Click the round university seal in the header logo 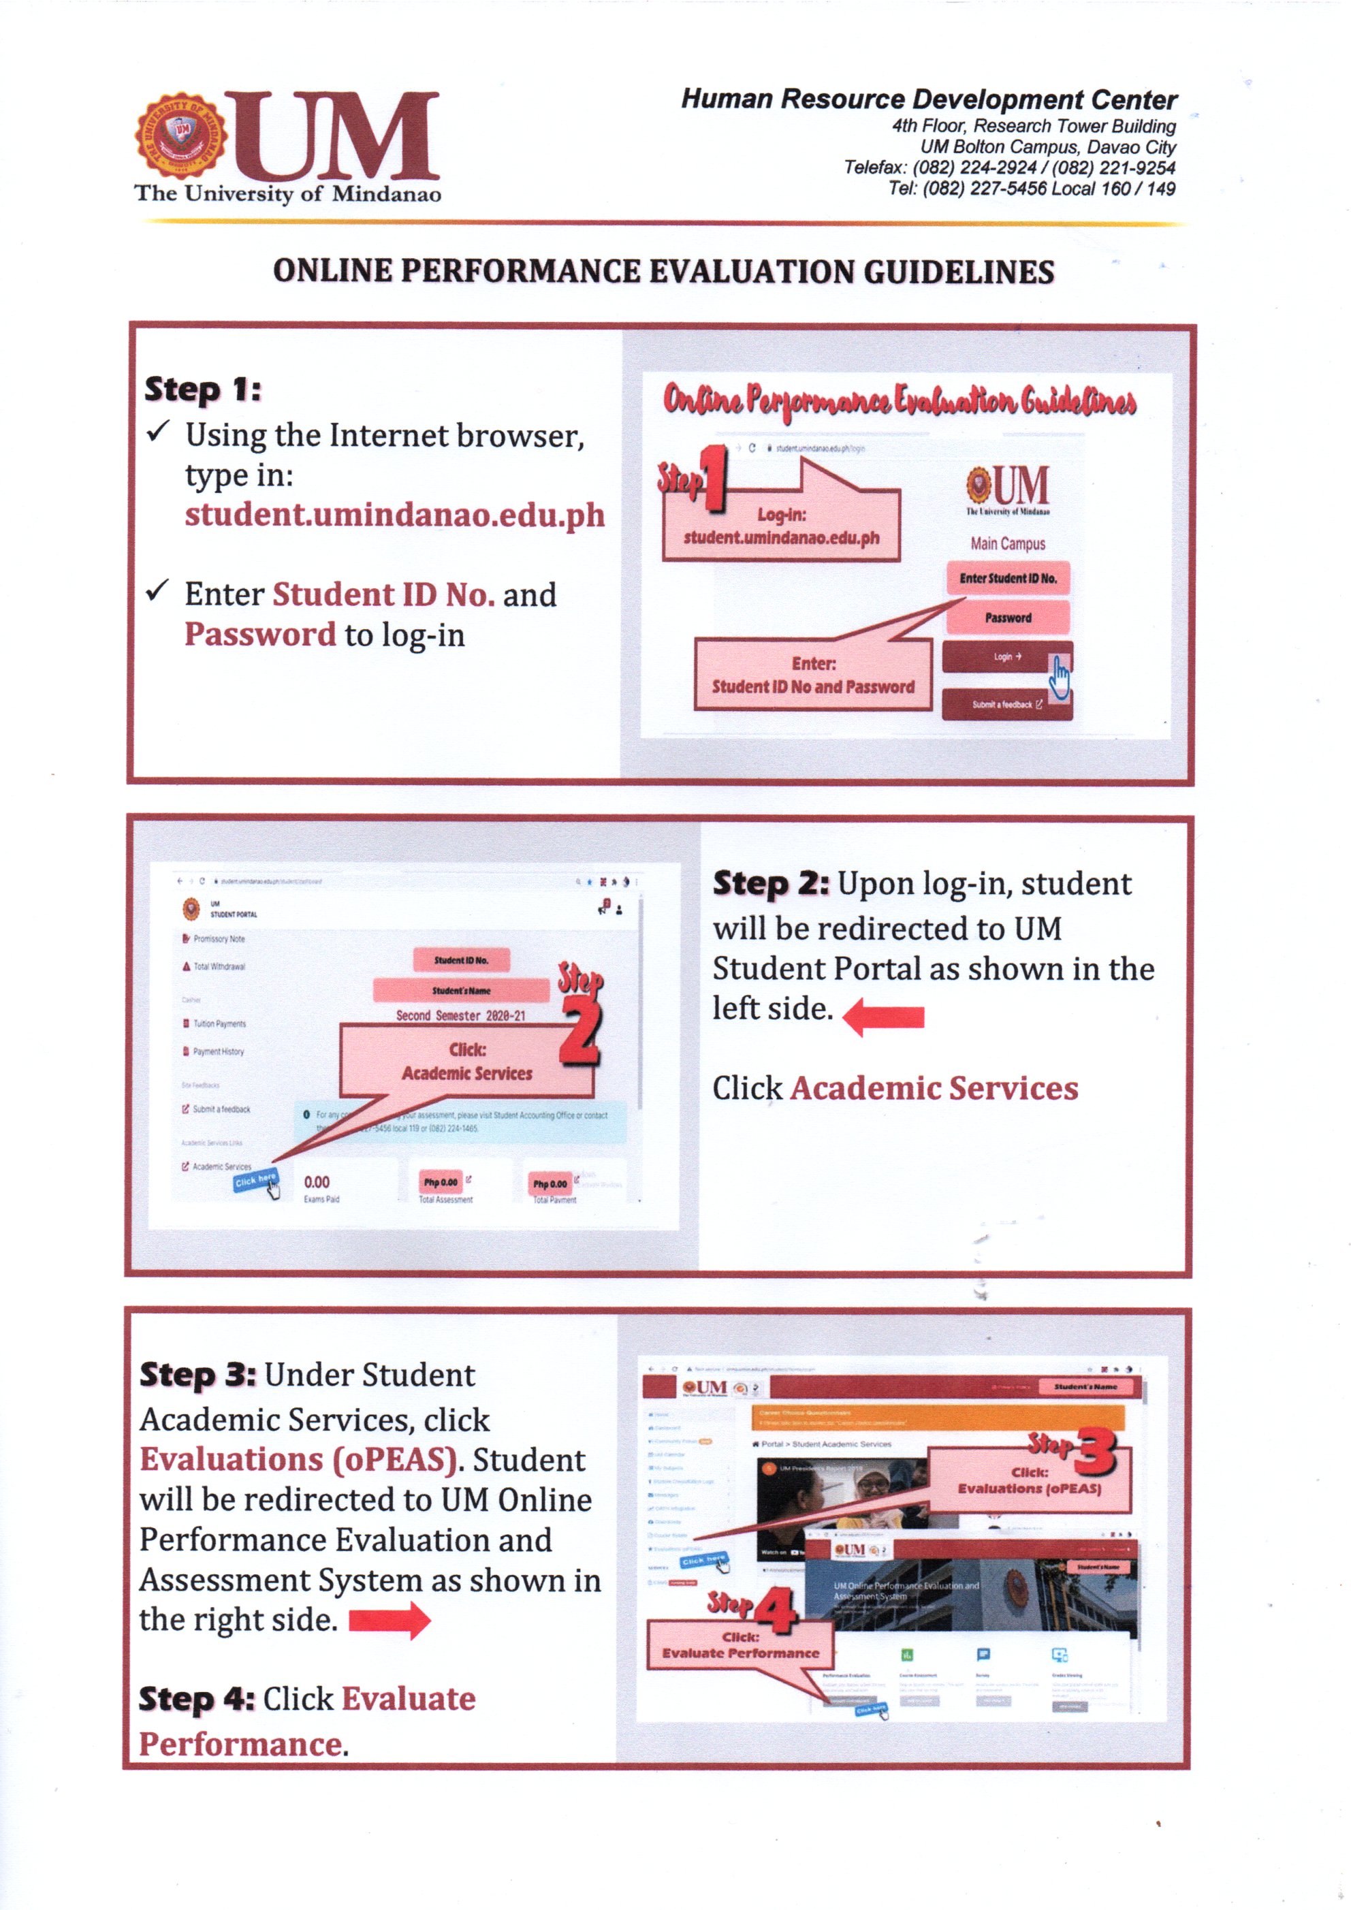180,136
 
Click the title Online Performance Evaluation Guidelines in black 663,271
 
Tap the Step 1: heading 203,389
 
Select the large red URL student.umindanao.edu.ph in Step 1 394,515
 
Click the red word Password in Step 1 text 259,635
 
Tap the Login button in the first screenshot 1006,656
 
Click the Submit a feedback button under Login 1006,705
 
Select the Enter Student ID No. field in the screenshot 1007,578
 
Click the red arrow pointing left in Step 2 885,1017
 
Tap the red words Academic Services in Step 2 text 934,1088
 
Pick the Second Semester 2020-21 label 460,1016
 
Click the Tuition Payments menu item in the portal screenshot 218,1023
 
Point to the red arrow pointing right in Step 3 390,1621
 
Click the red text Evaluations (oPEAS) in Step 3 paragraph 298,1460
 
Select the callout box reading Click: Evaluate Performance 740,1644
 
